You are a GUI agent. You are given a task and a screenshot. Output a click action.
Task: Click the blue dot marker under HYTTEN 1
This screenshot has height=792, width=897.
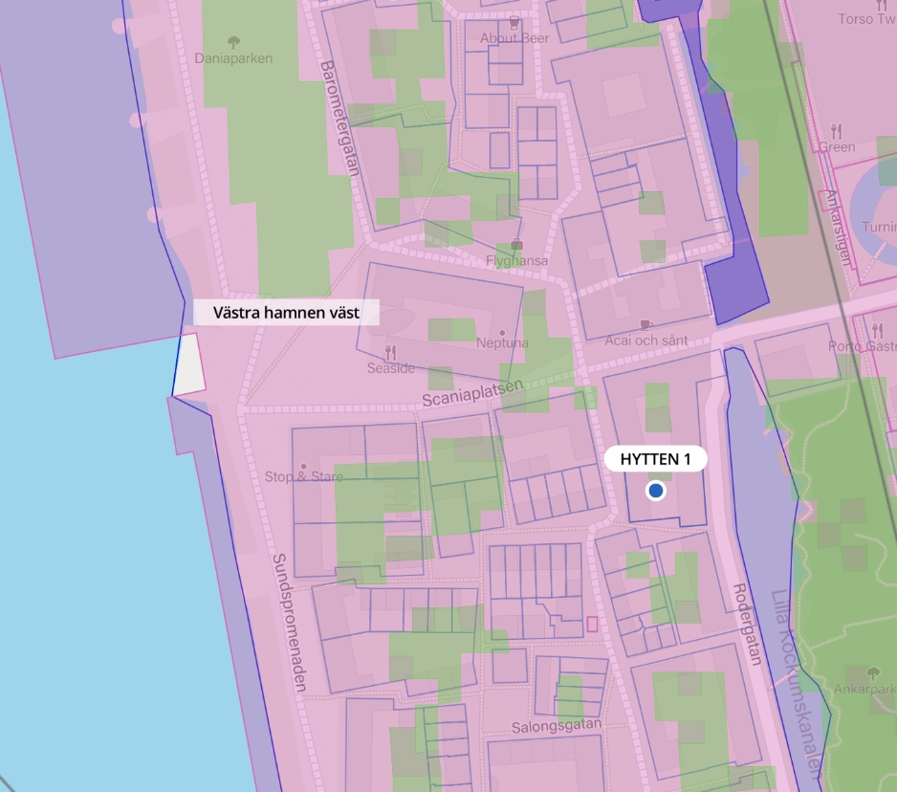pos(655,491)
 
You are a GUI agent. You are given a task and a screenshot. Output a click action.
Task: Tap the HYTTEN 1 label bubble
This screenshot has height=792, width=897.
pos(655,459)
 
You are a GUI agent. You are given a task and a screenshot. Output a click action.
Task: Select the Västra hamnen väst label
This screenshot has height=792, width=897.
pos(286,313)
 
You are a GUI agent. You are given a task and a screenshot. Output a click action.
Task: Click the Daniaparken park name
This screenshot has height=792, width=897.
pos(233,58)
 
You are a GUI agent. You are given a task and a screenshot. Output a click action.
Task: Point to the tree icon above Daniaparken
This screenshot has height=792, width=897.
pos(233,41)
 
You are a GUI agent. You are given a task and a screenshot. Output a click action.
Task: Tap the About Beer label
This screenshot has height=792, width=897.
pos(514,38)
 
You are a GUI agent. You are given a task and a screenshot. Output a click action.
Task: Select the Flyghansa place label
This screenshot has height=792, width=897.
pos(517,260)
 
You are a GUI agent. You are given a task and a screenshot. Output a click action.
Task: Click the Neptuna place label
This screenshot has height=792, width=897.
pos(502,342)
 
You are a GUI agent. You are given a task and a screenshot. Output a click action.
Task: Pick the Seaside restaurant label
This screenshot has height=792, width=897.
pos(391,368)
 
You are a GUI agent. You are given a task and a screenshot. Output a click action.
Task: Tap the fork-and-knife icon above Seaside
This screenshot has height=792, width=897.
pos(390,352)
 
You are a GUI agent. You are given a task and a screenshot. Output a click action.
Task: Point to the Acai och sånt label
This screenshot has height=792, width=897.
pos(646,341)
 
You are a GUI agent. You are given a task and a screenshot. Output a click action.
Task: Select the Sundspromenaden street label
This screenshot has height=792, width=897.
pos(290,623)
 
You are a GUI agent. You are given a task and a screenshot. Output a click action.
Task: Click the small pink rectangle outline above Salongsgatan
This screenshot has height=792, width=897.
pos(592,624)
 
